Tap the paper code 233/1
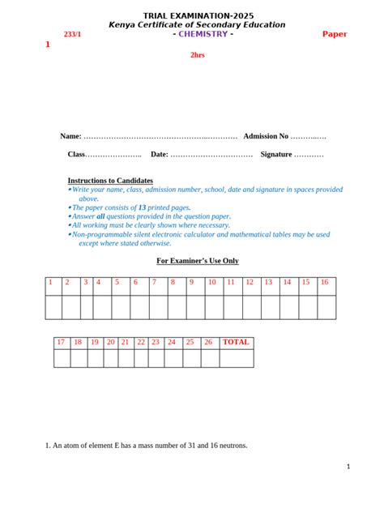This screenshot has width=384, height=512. click(x=73, y=35)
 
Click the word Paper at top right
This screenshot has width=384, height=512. click(x=335, y=34)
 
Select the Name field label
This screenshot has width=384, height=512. click(x=70, y=136)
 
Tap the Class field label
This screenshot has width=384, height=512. click(x=76, y=154)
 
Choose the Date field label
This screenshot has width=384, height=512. click(x=159, y=154)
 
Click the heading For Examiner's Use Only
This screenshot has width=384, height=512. click(x=197, y=261)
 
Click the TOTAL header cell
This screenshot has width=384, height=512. click(x=237, y=342)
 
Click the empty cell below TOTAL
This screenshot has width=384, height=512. click(x=237, y=358)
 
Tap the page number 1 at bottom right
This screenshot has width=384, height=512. click(x=348, y=467)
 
